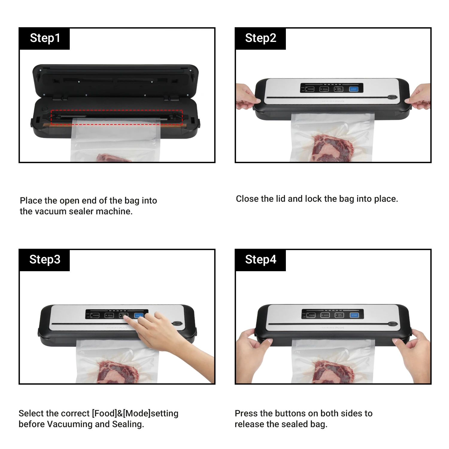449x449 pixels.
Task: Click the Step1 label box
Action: (45, 39)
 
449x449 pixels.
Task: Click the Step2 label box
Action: (260, 39)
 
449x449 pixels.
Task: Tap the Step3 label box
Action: (45, 260)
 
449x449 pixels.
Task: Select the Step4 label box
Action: (260, 260)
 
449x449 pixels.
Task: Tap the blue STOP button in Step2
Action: (354, 89)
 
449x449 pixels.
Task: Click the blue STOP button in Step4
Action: (354, 315)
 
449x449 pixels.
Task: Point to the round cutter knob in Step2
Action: (392, 97)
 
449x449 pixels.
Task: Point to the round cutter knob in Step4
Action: (392, 324)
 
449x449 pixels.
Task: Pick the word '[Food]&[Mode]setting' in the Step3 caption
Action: (135, 413)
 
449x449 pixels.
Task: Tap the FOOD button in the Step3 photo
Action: (95, 315)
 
